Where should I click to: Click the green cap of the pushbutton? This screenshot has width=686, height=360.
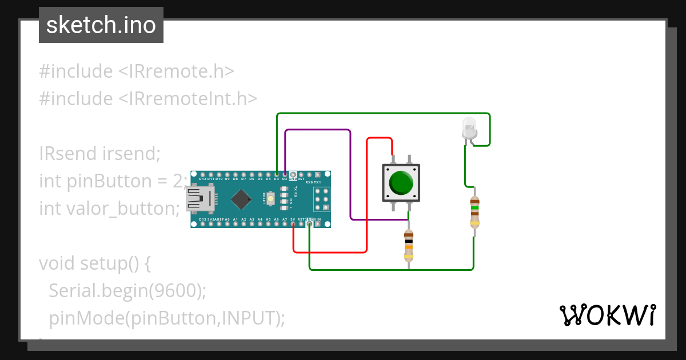point(401,183)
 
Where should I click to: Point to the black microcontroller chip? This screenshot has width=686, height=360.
point(242,199)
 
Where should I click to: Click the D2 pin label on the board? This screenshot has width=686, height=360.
point(284,178)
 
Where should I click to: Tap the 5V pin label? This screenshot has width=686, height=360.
point(293,219)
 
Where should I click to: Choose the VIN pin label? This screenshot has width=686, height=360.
point(317,219)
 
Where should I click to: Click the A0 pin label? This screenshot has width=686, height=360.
point(227,219)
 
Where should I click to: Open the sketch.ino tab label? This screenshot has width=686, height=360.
point(101,25)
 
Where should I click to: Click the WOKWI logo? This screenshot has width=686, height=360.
point(607,315)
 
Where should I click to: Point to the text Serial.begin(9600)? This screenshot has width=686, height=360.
point(127,290)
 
